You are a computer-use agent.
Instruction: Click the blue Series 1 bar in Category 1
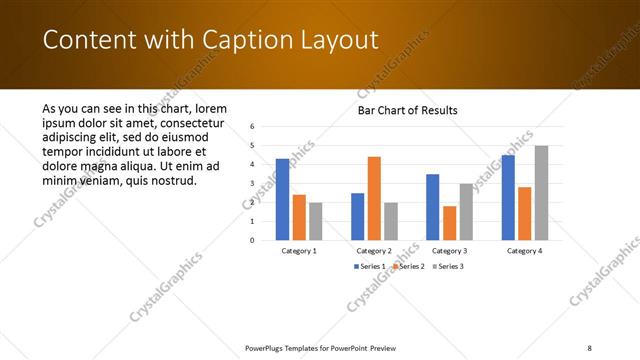click(282, 199)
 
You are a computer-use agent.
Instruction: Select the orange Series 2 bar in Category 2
click(374, 198)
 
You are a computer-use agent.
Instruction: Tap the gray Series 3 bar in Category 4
click(541, 193)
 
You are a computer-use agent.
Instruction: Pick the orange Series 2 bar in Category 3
click(449, 223)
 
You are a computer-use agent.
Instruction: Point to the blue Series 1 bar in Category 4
click(508, 197)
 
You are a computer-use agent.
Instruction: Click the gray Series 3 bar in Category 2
click(390, 221)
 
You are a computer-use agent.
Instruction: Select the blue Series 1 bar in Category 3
click(432, 207)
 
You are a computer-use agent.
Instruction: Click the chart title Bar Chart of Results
click(408, 110)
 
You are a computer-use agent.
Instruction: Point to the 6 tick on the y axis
click(253, 126)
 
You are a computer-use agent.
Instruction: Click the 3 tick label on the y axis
click(253, 183)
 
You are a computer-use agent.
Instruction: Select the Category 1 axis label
click(299, 251)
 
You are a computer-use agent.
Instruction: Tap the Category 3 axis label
click(449, 251)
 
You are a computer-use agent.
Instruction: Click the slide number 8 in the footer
click(590, 347)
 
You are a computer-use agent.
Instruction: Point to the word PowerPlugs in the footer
click(268, 347)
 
